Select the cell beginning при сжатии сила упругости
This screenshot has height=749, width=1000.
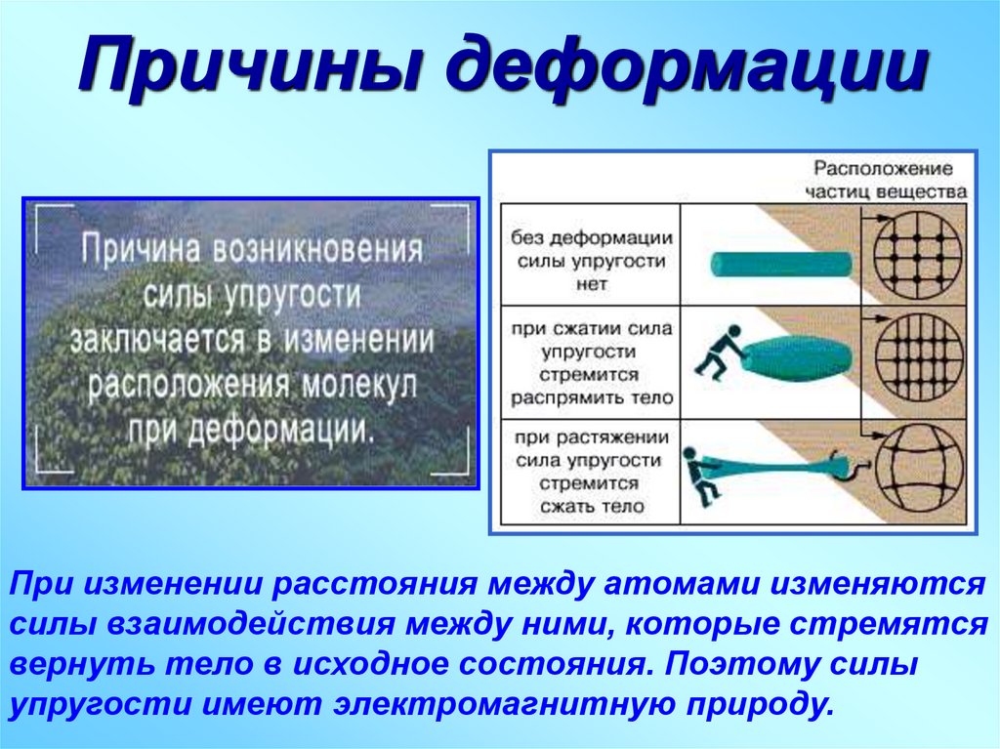click(590, 362)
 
